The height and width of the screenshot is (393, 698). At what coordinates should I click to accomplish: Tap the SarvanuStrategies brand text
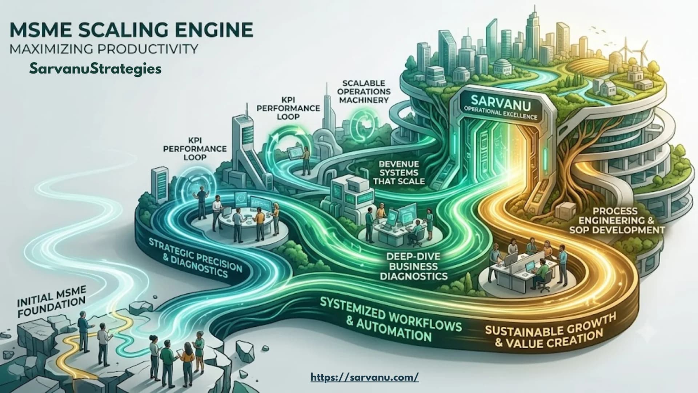[x=96, y=68]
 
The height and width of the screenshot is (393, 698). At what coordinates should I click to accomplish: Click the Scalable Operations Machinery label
[x=365, y=91]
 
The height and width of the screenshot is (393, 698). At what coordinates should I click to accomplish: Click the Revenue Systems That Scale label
[x=399, y=172]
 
